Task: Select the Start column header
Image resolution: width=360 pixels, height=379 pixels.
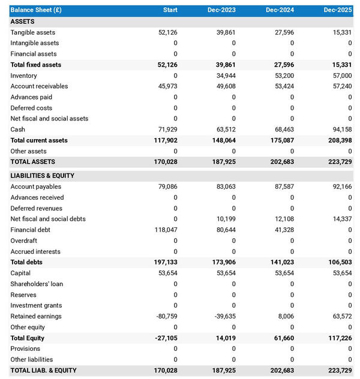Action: tap(170, 10)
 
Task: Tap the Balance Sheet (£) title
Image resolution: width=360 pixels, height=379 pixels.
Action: tap(35, 10)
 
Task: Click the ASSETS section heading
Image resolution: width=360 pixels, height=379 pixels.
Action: tap(22, 22)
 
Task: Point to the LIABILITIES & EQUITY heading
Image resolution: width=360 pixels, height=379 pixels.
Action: tap(42, 176)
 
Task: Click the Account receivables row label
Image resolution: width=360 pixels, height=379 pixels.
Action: tap(39, 86)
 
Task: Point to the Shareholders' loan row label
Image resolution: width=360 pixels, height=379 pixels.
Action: tap(37, 284)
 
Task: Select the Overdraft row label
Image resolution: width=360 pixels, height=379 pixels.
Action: tap(24, 240)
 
